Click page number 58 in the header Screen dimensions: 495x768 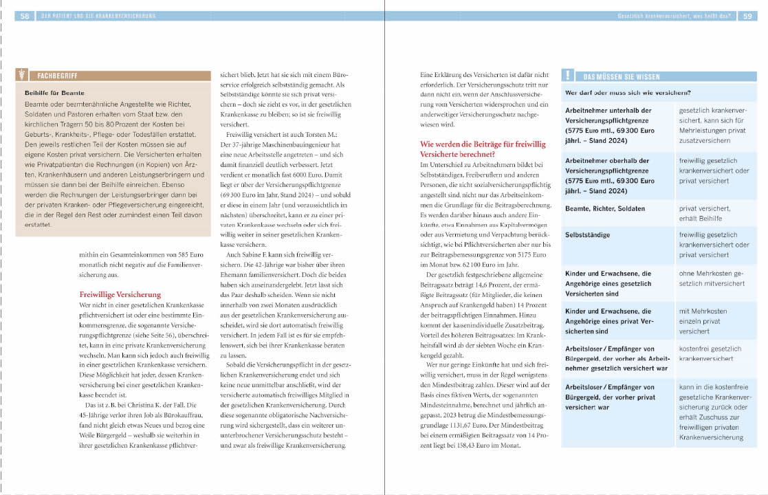pyautogui.click(x=24, y=16)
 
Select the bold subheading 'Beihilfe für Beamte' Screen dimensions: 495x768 pyautogui.click(x=54, y=92)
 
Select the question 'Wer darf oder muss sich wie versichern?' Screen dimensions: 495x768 pyautogui.click(x=628, y=92)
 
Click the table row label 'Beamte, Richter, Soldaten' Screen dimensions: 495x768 pyautogui.click(x=605, y=208)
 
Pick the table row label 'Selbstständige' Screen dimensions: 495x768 pyautogui.click(x=588, y=235)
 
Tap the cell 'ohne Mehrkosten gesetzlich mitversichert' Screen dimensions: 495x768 pyautogui.click(x=712, y=278)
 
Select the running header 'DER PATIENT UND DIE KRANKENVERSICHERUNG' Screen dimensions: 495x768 pyautogui.click(x=96, y=16)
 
